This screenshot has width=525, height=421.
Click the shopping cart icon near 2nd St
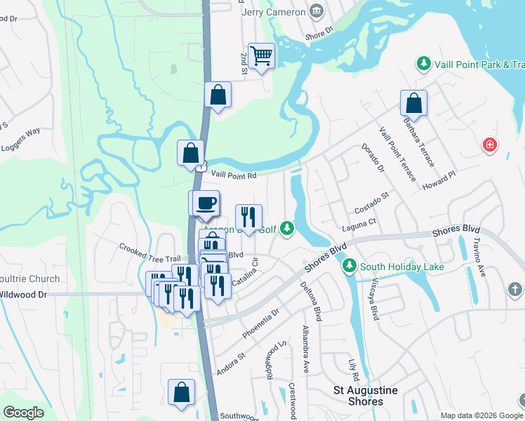261,55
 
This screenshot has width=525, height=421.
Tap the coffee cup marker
206,203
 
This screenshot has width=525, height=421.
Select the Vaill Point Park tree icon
424,65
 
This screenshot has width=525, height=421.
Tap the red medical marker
490,145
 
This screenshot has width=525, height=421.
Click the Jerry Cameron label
273,12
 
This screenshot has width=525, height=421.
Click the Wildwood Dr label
24,295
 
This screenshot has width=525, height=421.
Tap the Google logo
24,413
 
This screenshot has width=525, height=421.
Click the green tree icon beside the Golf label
286,227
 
